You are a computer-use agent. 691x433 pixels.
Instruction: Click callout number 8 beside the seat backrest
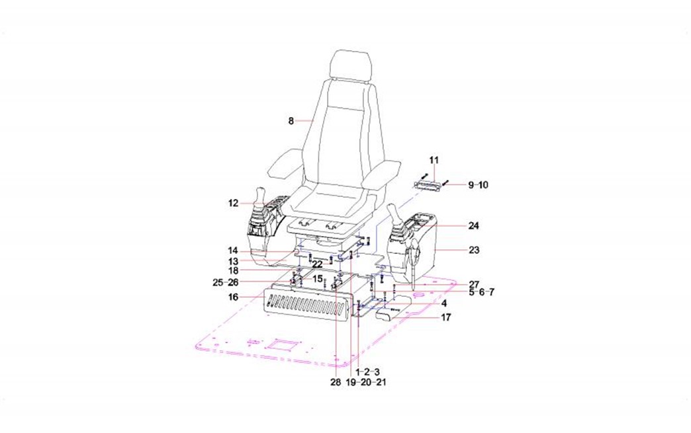click(x=291, y=120)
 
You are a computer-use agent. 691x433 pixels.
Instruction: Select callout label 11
click(x=434, y=160)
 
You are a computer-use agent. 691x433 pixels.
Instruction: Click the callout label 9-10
click(x=478, y=185)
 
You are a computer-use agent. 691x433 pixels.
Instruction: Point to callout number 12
click(x=233, y=204)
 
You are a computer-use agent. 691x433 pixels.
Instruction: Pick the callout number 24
click(x=473, y=225)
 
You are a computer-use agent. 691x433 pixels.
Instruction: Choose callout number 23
click(x=473, y=250)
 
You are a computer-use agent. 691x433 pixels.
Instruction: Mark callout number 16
click(x=233, y=297)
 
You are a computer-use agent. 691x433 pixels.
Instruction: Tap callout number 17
click(x=446, y=317)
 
